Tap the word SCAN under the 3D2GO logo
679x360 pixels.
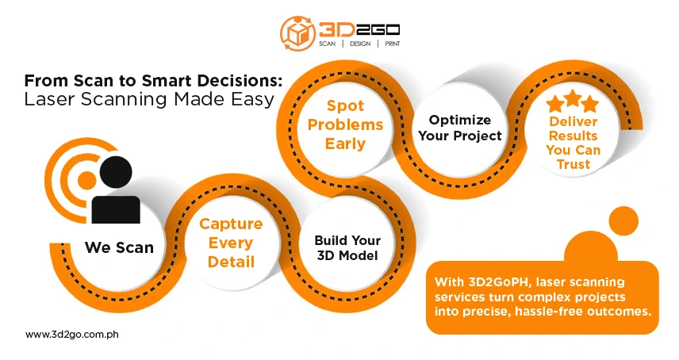[x=328, y=44]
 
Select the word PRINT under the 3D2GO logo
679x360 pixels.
[x=390, y=44]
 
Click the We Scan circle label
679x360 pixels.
[x=119, y=248]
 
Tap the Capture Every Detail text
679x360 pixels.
[x=230, y=243]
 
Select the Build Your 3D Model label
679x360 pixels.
[x=347, y=247]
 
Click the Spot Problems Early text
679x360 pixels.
[x=345, y=124]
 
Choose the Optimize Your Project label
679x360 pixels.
[x=465, y=128]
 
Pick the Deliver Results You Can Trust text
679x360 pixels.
[x=573, y=143]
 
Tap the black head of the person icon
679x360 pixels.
[x=116, y=172]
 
